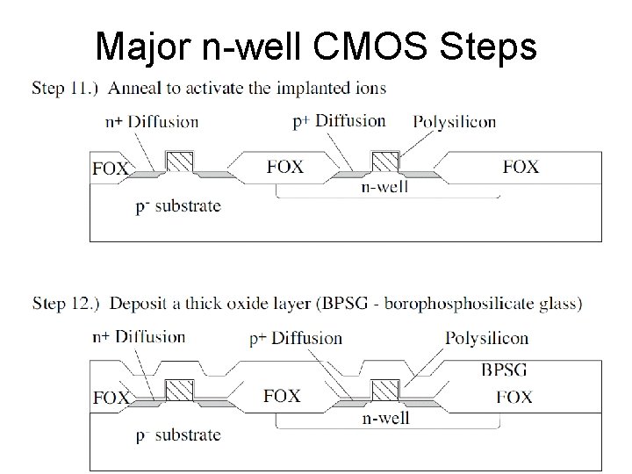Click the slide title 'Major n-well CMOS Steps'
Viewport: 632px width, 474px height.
pyautogui.click(x=316, y=46)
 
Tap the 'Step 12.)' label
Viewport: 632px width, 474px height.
pyautogui.click(x=65, y=305)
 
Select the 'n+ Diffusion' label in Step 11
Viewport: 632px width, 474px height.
pyautogui.click(x=150, y=122)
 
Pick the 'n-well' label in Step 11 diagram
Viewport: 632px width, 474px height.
pyautogui.click(x=383, y=187)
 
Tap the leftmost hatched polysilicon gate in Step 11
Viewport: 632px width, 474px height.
pyautogui.click(x=181, y=161)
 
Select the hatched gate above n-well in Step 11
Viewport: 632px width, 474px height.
pyautogui.click(x=385, y=161)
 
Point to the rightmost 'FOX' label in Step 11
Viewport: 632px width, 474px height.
pyautogui.click(x=521, y=166)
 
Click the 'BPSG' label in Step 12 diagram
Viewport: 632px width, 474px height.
pyautogui.click(x=504, y=370)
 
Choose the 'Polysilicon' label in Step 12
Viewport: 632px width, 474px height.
pyautogui.click(x=486, y=338)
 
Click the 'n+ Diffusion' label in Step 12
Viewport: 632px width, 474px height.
pyautogui.click(x=139, y=336)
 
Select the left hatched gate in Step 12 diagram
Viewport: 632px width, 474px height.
pyautogui.click(x=181, y=390)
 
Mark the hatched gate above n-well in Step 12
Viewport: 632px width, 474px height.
pyautogui.click(x=385, y=390)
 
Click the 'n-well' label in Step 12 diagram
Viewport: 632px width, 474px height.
pyautogui.click(x=385, y=418)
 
